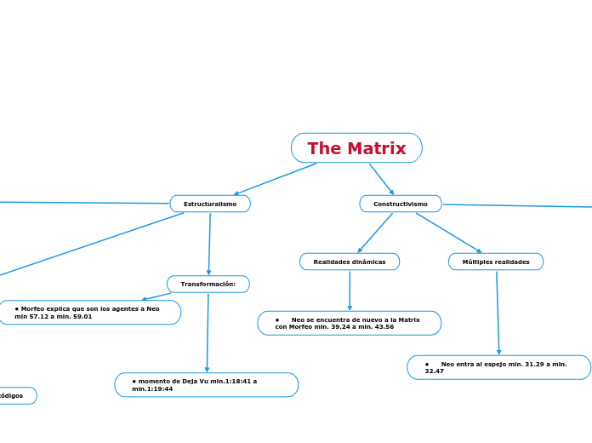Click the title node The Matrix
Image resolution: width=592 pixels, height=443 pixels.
(356, 148)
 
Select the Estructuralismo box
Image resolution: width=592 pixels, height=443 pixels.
(210, 204)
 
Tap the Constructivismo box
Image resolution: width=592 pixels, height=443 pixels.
(401, 204)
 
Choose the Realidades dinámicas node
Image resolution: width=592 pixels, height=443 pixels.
(350, 262)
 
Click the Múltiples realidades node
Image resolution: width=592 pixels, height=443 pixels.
(496, 262)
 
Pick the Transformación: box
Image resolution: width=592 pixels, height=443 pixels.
(208, 284)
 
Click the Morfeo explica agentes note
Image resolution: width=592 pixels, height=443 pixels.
(89, 313)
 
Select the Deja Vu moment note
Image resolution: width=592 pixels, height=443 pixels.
(207, 385)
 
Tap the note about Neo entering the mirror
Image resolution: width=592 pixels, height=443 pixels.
(499, 367)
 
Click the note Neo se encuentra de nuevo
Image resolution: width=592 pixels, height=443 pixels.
(350, 323)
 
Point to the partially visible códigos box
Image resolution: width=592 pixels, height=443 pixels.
(17, 395)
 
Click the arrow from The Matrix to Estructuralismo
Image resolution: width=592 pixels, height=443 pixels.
(275, 179)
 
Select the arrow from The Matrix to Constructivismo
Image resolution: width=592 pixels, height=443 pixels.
(382, 179)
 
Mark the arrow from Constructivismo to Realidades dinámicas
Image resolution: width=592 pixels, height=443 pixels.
(375, 233)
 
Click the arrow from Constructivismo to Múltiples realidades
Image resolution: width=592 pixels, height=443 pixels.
(448, 233)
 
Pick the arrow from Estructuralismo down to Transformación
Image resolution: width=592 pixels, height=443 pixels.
(209, 244)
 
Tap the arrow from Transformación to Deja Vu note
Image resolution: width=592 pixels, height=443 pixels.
(208, 332)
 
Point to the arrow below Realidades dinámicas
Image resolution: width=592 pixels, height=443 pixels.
(350, 291)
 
